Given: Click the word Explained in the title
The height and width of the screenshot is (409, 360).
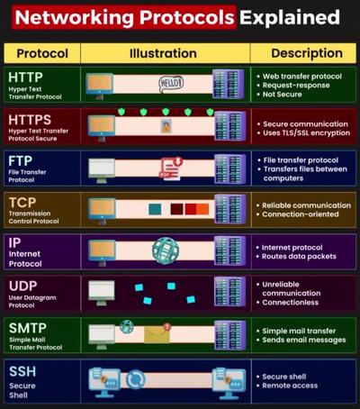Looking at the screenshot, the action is point(290,17).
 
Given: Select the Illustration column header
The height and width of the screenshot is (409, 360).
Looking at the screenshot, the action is point(163,53).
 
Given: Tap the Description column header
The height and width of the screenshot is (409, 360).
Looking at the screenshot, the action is point(307,53).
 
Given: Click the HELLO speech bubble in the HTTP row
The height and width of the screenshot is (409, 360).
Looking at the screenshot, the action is point(171,83).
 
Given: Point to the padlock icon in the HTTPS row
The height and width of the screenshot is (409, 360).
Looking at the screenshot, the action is point(166,125).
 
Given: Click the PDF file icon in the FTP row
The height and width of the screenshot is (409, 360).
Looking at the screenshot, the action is point(171,168).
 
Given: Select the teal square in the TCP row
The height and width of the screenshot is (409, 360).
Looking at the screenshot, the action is point(155,209).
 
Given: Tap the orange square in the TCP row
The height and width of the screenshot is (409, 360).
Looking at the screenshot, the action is point(202,209).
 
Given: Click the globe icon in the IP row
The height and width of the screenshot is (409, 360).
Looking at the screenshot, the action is point(166,251).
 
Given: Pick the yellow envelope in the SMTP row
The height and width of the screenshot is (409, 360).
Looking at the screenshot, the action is point(157,334).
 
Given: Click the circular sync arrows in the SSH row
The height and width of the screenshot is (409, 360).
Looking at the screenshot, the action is point(135,379).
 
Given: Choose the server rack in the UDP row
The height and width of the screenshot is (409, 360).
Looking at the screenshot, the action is point(229,291).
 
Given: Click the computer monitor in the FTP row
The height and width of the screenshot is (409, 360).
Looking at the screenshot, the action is point(102,170).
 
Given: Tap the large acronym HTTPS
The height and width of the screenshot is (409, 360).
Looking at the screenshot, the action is point(30,120).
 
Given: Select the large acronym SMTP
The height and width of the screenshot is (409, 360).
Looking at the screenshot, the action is point(28,328).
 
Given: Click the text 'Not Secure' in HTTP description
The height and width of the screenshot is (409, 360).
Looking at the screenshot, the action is point(283,95).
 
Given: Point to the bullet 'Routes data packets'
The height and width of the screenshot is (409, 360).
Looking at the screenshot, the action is point(299,257).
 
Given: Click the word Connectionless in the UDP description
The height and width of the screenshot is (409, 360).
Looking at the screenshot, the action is point(291,303).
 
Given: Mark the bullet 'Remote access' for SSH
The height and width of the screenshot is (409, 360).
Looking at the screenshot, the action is point(290,386).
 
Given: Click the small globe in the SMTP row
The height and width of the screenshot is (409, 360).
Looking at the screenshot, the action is point(127,326).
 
